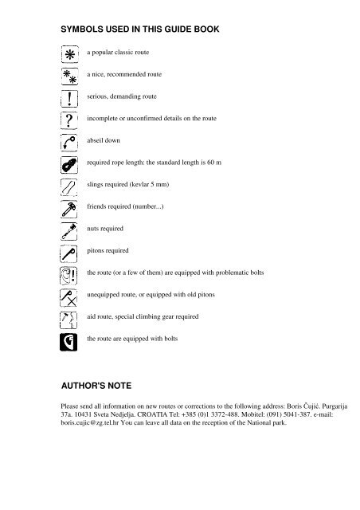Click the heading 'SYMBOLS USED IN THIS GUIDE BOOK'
(139, 29)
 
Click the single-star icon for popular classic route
(68, 55)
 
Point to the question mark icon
(68, 121)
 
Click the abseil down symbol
(68, 143)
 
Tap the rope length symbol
(68, 166)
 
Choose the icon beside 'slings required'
(68, 188)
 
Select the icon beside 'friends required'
(68, 210)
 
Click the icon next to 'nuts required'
(68, 232)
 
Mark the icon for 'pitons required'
(68, 254)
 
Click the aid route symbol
(68, 320)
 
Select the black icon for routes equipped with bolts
(68, 342)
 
